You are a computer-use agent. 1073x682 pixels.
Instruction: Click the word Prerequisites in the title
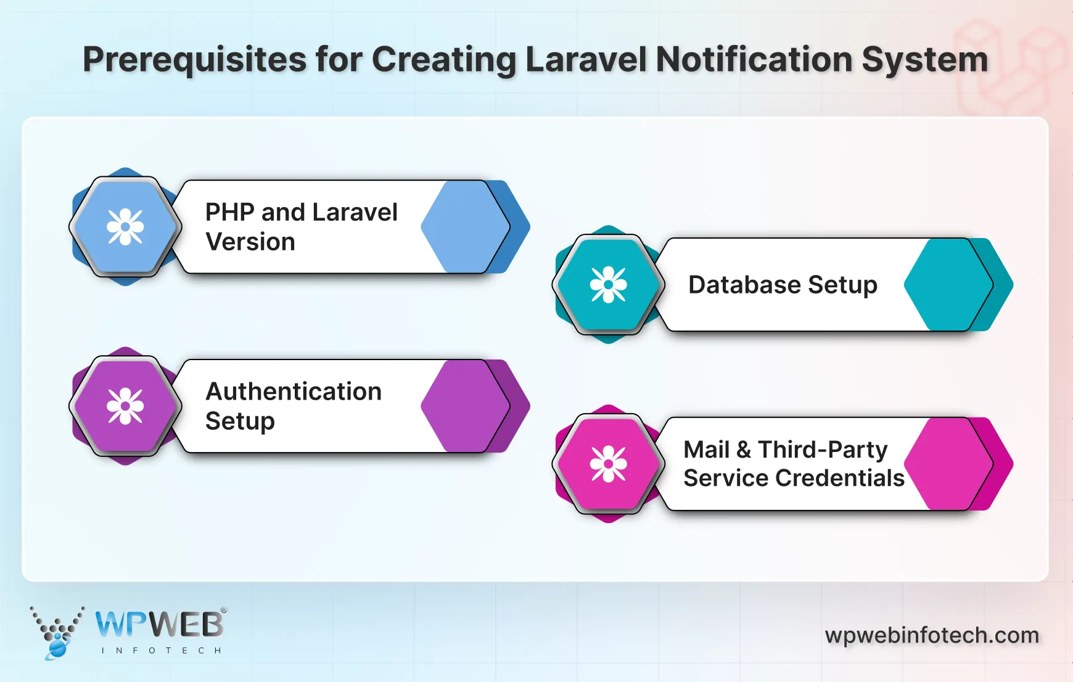click(x=194, y=60)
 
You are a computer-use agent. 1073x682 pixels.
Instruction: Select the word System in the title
click(x=924, y=60)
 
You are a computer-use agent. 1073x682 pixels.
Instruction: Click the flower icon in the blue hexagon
click(x=125, y=227)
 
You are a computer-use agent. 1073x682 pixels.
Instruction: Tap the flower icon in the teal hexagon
click(x=608, y=284)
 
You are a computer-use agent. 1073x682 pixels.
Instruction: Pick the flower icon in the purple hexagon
click(x=125, y=406)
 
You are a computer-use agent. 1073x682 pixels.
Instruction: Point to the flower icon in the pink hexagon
click(x=608, y=464)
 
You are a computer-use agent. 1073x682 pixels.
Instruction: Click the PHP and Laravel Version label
click(x=301, y=227)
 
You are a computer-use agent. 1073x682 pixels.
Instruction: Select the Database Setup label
click(x=783, y=285)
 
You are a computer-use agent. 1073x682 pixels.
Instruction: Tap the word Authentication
click(x=294, y=392)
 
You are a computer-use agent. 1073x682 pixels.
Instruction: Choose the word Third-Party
click(x=823, y=450)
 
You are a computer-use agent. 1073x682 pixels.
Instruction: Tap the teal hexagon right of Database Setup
click(x=947, y=285)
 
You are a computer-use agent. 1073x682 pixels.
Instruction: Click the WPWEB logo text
click(x=159, y=625)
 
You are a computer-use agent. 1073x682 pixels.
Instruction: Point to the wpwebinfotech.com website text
click(x=932, y=635)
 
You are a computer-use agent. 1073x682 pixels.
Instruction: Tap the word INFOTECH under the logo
click(x=161, y=651)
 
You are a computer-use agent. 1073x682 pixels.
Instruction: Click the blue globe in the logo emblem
click(x=57, y=648)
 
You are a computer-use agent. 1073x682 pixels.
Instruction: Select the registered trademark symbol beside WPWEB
click(x=224, y=610)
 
